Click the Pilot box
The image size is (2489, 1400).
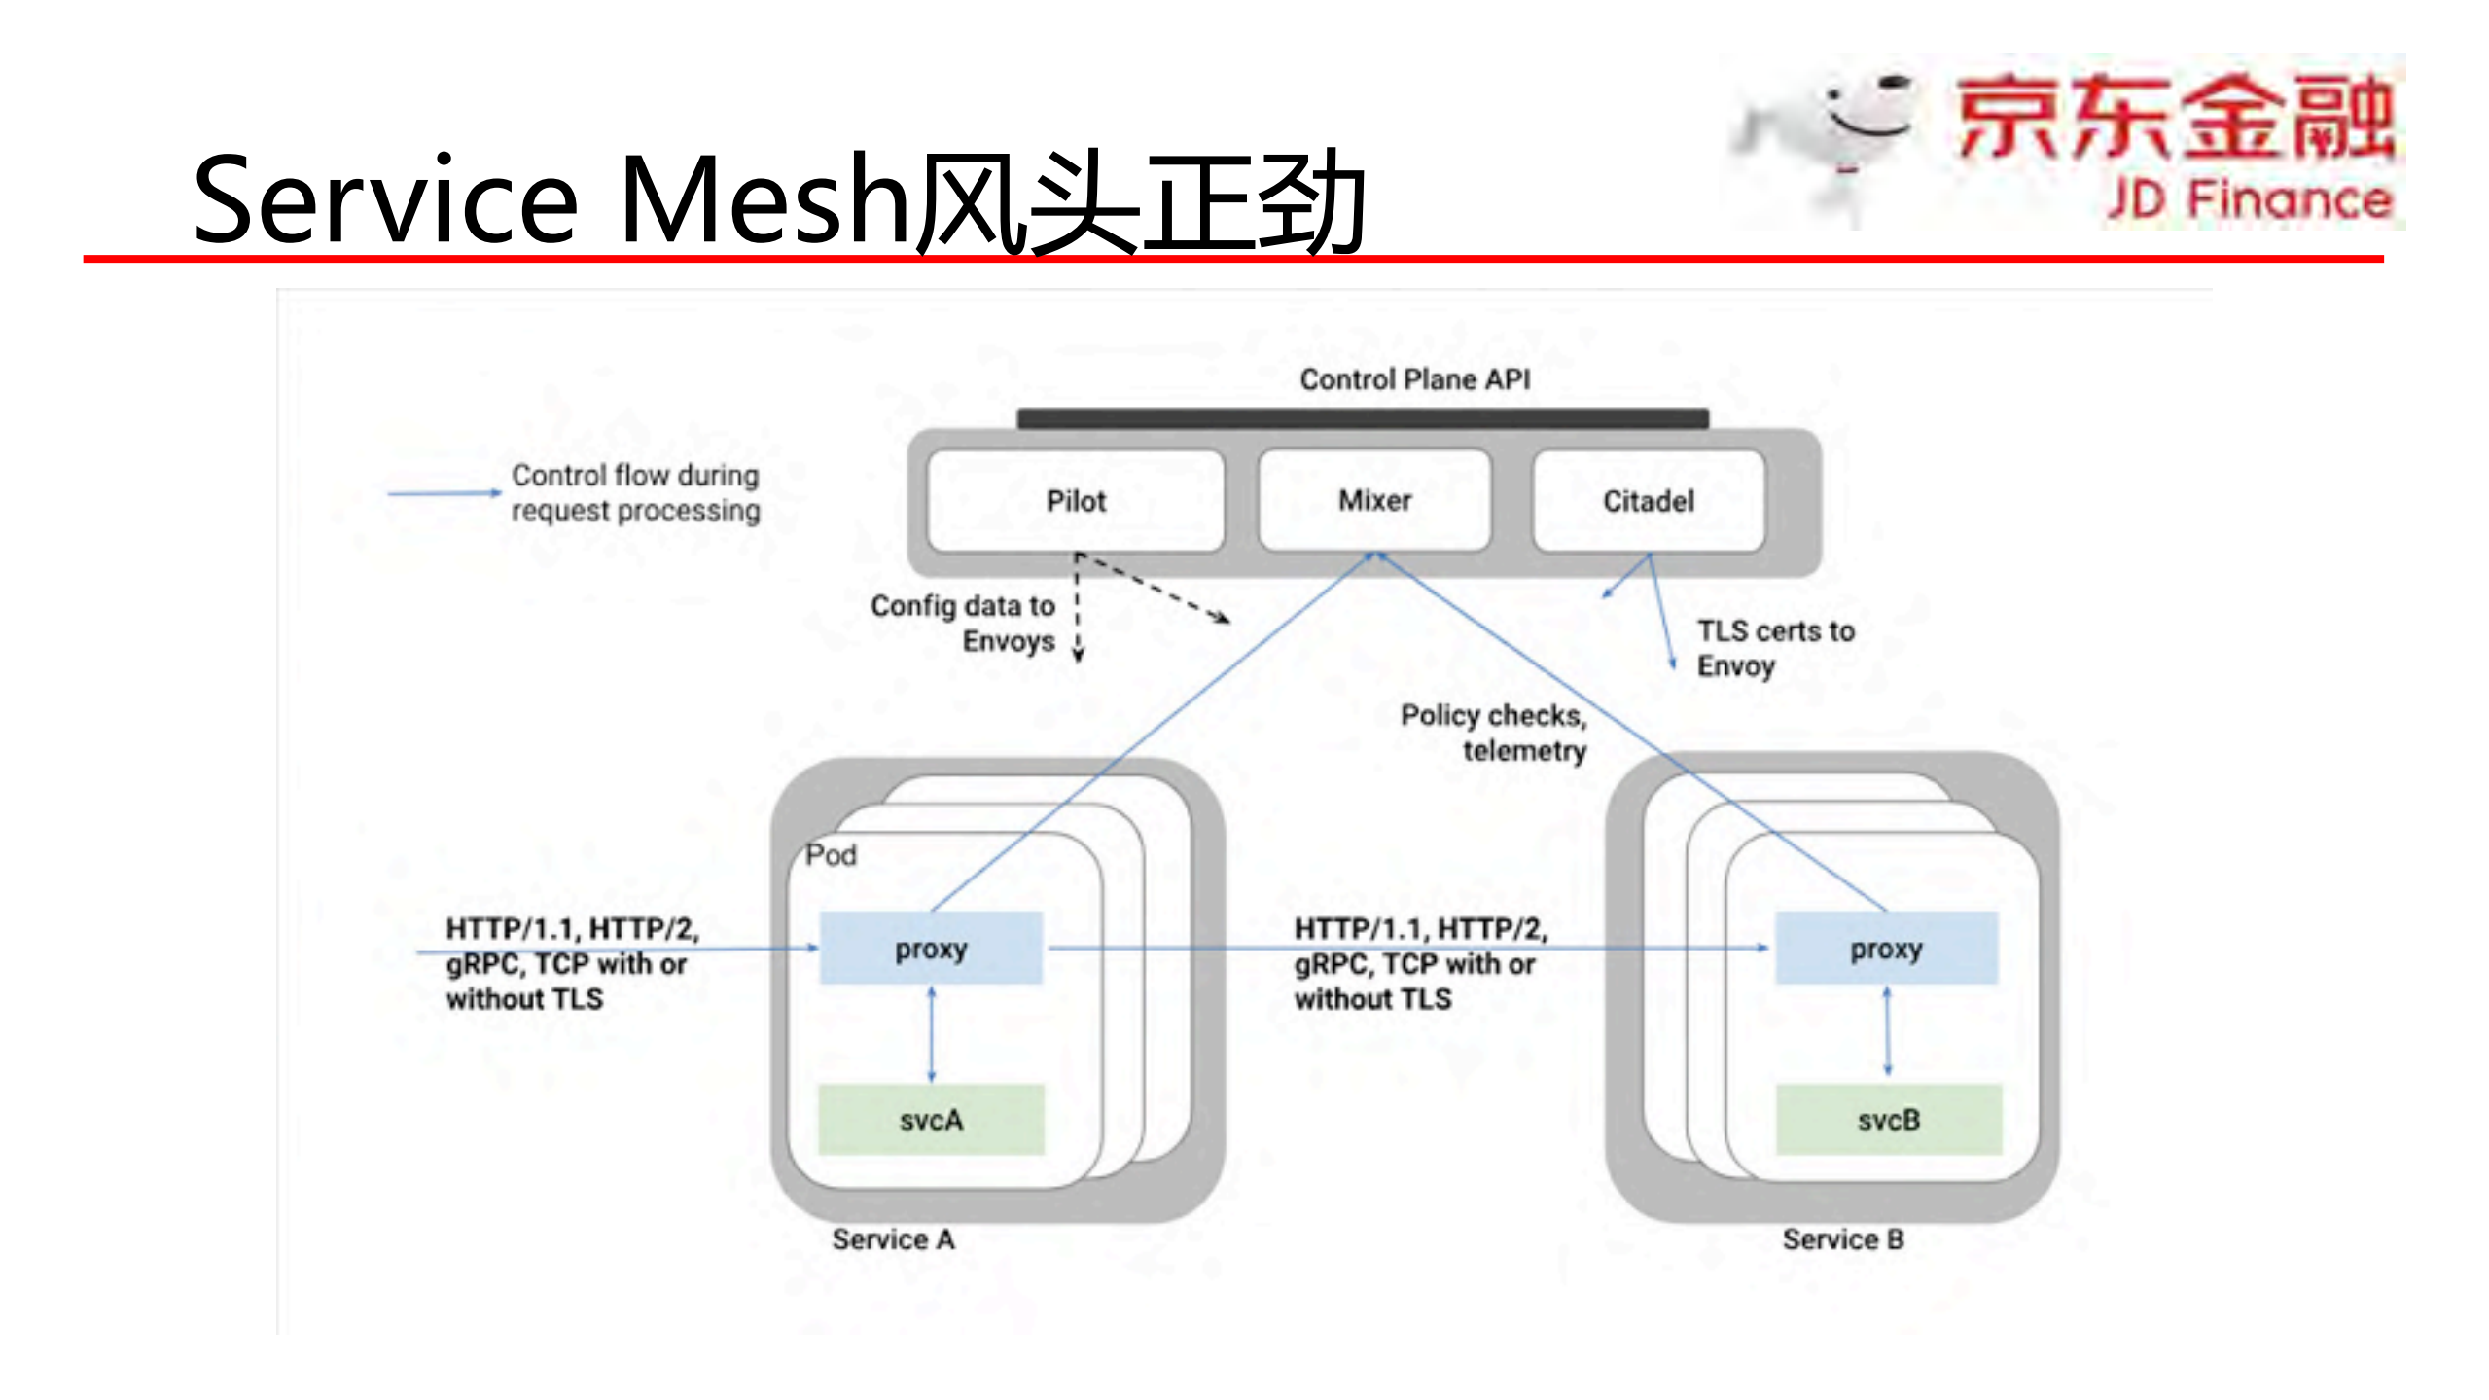tap(1076, 501)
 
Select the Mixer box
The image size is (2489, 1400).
tap(1374, 500)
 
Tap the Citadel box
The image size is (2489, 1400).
tap(1648, 501)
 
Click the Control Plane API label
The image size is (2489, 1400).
tap(1414, 378)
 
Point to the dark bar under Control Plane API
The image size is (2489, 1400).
tap(1362, 418)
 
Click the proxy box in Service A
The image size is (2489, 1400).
tap(931, 948)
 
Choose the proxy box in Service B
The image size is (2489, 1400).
tap(1886, 948)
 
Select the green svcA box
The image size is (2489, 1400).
tap(931, 1120)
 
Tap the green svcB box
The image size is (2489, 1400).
tap(1889, 1120)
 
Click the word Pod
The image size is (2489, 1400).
tap(831, 855)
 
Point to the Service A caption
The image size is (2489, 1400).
tap(893, 1238)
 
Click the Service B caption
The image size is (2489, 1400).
tap(1843, 1238)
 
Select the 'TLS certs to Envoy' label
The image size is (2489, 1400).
tap(1775, 648)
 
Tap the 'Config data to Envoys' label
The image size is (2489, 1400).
tap(963, 623)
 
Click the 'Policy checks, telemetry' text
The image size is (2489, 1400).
tap(1494, 733)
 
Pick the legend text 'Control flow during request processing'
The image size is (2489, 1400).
tap(635, 492)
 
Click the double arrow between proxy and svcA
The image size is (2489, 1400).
tap(932, 1034)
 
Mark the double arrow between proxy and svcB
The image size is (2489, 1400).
tap(1888, 1031)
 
